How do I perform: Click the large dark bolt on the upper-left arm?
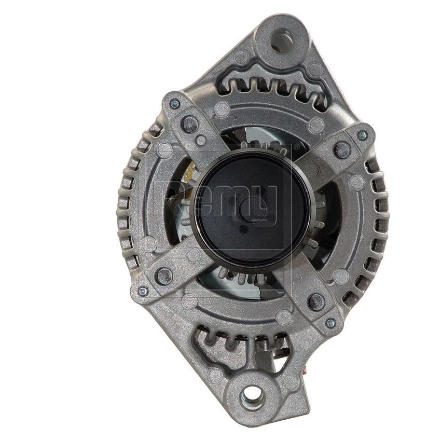click(190, 123)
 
